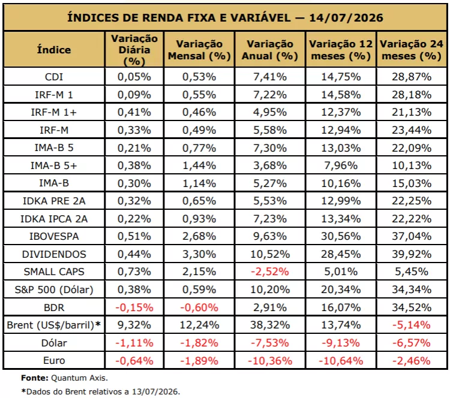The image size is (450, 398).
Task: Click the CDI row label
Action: coord(54,77)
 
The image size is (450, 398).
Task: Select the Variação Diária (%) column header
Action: coord(134,50)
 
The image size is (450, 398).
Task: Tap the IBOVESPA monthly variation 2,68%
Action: coord(199,236)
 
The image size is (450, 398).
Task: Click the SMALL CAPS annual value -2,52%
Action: coord(270,272)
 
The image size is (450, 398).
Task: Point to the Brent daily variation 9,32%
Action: coord(134,325)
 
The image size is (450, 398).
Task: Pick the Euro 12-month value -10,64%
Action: coord(341,360)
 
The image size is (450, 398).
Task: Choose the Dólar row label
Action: coord(54,343)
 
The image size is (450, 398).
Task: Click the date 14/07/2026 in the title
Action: coord(346,18)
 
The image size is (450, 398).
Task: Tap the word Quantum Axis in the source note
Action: coord(79,378)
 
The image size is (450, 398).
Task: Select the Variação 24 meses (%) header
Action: coord(412,50)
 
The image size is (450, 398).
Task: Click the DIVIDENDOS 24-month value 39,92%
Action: coord(412,254)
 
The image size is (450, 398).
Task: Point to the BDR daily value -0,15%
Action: coord(134,307)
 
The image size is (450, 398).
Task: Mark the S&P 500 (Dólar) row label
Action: coord(54,290)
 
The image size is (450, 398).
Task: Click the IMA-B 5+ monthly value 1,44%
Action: coord(199,165)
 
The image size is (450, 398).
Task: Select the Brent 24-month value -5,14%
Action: coord(412,325)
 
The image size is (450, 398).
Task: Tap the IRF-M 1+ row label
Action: coord(54,112)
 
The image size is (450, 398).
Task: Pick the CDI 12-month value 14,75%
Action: coord(341,77)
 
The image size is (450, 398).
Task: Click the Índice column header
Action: coord(54,50)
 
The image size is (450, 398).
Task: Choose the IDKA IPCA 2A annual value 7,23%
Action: coord(270,219)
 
